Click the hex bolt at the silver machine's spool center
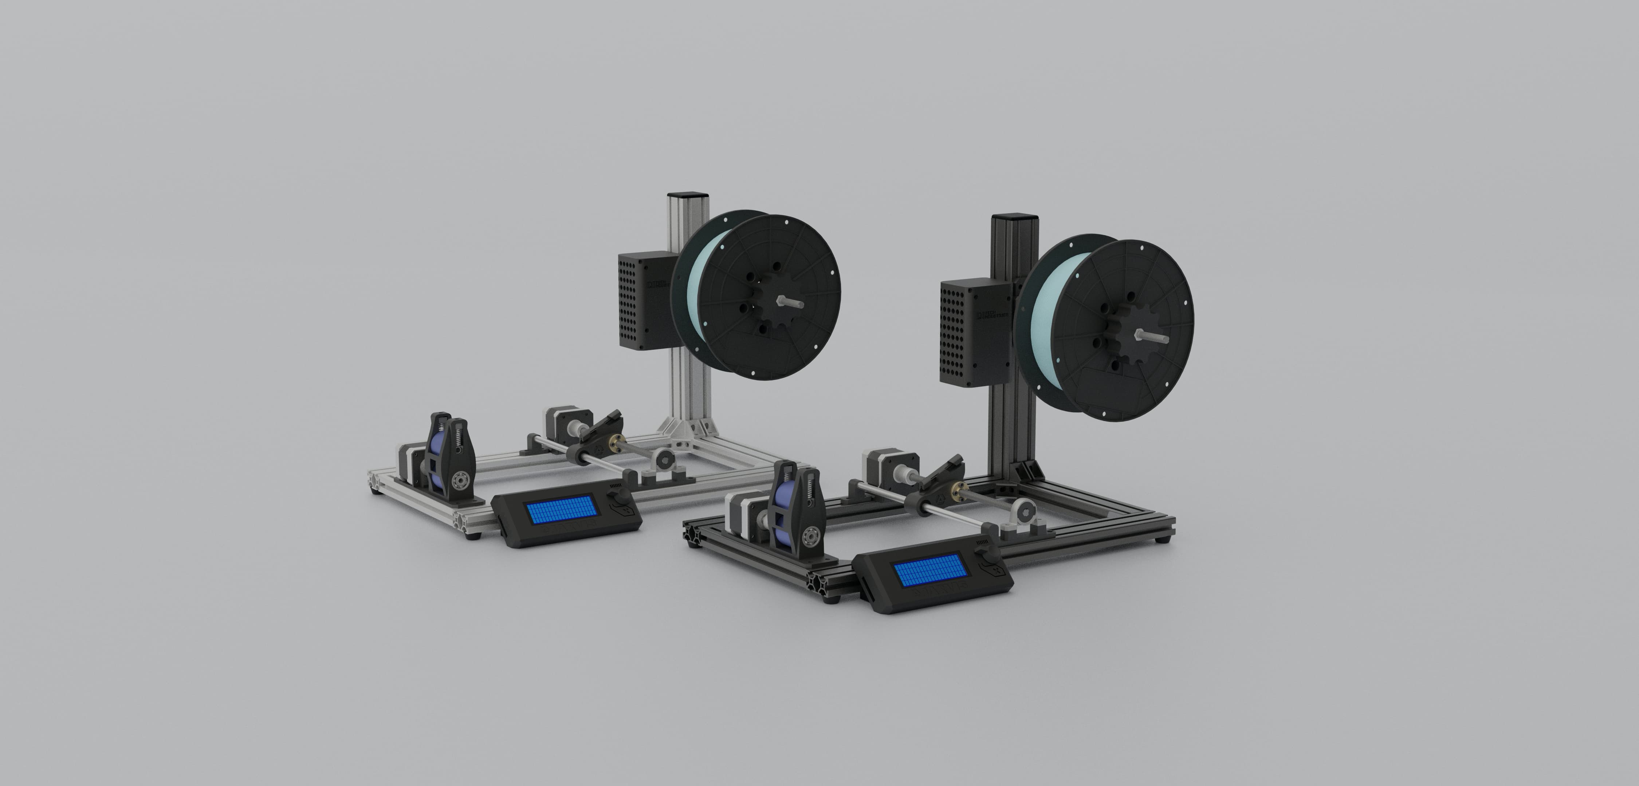coord(790,303)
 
